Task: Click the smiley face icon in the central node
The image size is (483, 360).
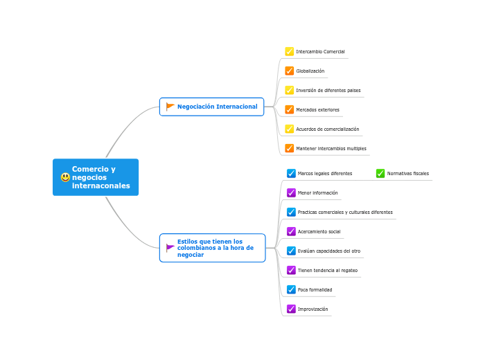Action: (x=65, y=177)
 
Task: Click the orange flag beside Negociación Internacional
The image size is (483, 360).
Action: (x=170, y=107)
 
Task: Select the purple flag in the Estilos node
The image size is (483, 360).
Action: (x=170, y=248)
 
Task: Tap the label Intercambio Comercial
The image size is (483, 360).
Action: (x=320, y=52)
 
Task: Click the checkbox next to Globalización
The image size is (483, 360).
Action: (x=290, y=71)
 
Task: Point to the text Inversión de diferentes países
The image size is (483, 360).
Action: (x=328, y=91)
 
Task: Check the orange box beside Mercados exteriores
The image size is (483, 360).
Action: (x=290, y=109)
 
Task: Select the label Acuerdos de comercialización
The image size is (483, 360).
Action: (x=327, y=129)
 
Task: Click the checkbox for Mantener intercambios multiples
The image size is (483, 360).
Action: (x=290, y=148)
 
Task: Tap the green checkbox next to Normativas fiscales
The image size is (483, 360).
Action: (x=380, y=173)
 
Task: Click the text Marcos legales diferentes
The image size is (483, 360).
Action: (x=324, y=174)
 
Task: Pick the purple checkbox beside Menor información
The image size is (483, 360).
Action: (x=291, y=192)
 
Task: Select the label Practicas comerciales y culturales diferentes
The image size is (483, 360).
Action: (x=345, y=213)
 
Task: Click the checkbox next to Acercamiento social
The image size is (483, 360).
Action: (x=291, y=231)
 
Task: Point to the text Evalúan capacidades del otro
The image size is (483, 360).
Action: (x=328, y=251)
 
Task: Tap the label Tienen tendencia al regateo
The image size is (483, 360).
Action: (x=327, y=271)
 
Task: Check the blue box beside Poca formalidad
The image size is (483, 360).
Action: (x=291, y=289)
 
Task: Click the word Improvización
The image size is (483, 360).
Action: (x=313, y=309)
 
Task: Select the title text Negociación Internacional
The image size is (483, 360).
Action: (x=217, y=107)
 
